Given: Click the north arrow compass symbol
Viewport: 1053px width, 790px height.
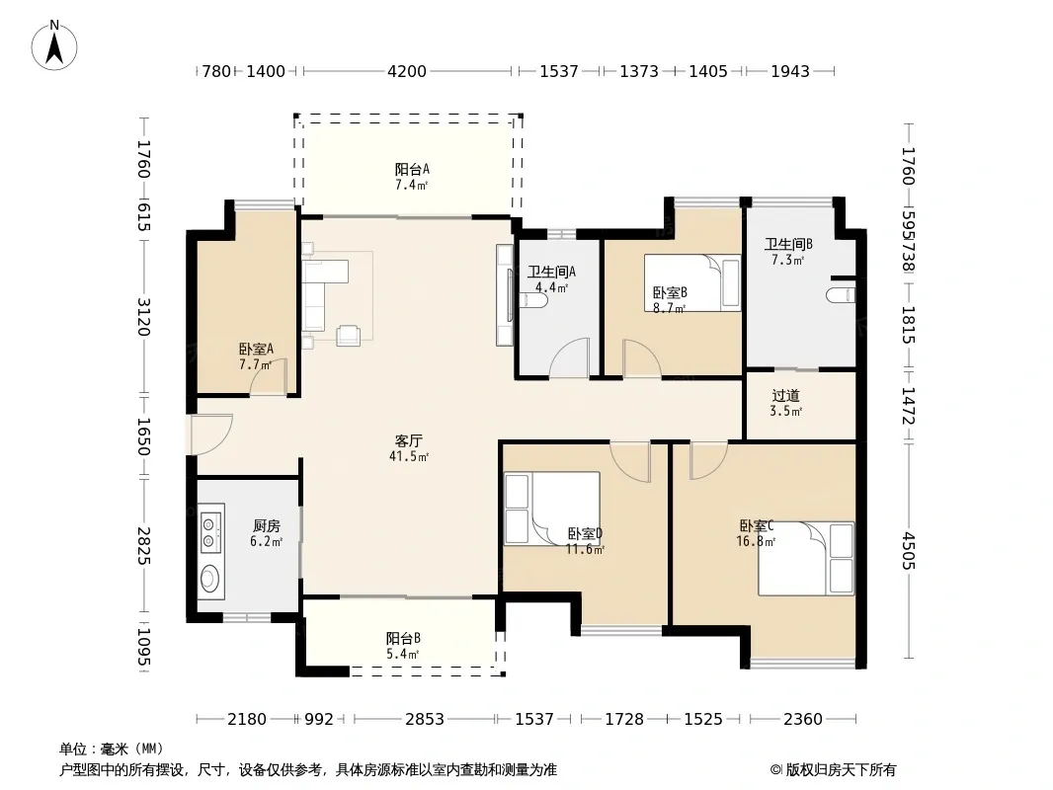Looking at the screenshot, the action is (x=54, y=45).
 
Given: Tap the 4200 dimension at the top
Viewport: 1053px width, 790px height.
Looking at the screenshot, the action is (x=407, y=71).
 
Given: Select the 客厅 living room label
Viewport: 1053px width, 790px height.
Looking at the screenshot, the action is (x=408, y=441).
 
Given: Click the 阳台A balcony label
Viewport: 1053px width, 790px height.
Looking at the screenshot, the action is (x=412, y=169).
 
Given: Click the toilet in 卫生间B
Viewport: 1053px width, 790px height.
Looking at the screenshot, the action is (x=843, y=295).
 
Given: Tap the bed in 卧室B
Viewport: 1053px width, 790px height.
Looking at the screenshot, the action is (x=692, y=282).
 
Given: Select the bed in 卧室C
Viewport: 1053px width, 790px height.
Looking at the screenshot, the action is (x=806, y=559).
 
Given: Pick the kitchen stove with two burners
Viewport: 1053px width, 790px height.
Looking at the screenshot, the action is (x=209, y=531).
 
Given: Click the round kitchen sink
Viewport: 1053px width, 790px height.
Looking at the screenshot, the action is (x=210, y=578).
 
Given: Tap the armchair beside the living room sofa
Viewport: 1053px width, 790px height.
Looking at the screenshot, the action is (x=349, y=335).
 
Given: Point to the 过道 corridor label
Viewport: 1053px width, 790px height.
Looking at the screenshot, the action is (x=785, y=396).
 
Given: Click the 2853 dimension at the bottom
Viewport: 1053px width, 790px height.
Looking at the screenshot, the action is (x=425, y=720).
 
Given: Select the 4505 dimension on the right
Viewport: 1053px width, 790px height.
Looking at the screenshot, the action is (x=908, y=550).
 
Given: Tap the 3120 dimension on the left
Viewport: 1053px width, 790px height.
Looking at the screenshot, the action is (x=143, y=317).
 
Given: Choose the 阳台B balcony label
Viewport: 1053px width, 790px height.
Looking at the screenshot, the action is (x=403, y=638).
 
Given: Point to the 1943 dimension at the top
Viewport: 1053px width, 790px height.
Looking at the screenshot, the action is (x=790, y=71).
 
